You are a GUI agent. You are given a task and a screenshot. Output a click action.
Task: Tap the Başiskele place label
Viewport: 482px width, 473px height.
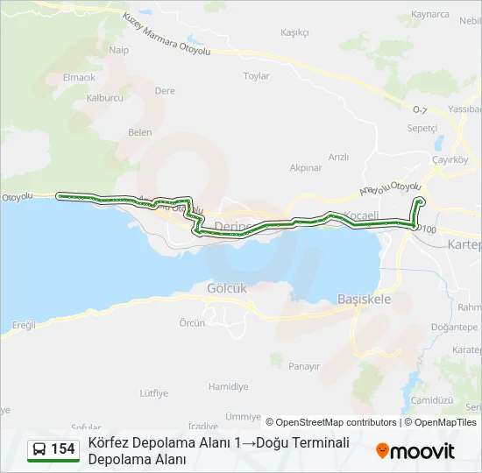364,299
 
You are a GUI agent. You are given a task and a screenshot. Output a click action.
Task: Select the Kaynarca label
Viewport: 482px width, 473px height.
429,15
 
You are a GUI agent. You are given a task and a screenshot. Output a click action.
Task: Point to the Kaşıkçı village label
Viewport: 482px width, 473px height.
294,32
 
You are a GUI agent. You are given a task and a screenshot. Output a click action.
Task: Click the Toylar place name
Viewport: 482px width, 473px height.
256,76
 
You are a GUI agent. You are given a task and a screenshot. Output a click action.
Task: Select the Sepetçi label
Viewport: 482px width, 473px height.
422,127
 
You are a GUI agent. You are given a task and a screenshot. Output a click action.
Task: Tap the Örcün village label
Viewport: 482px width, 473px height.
192,322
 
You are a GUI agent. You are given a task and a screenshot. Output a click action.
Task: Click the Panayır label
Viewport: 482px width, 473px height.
304,366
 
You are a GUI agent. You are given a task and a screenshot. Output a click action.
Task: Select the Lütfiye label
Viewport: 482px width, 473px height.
153,393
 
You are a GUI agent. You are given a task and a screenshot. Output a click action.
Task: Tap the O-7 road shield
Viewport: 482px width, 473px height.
419,109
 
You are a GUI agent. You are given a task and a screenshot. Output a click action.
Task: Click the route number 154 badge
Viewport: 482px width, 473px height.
62,449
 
